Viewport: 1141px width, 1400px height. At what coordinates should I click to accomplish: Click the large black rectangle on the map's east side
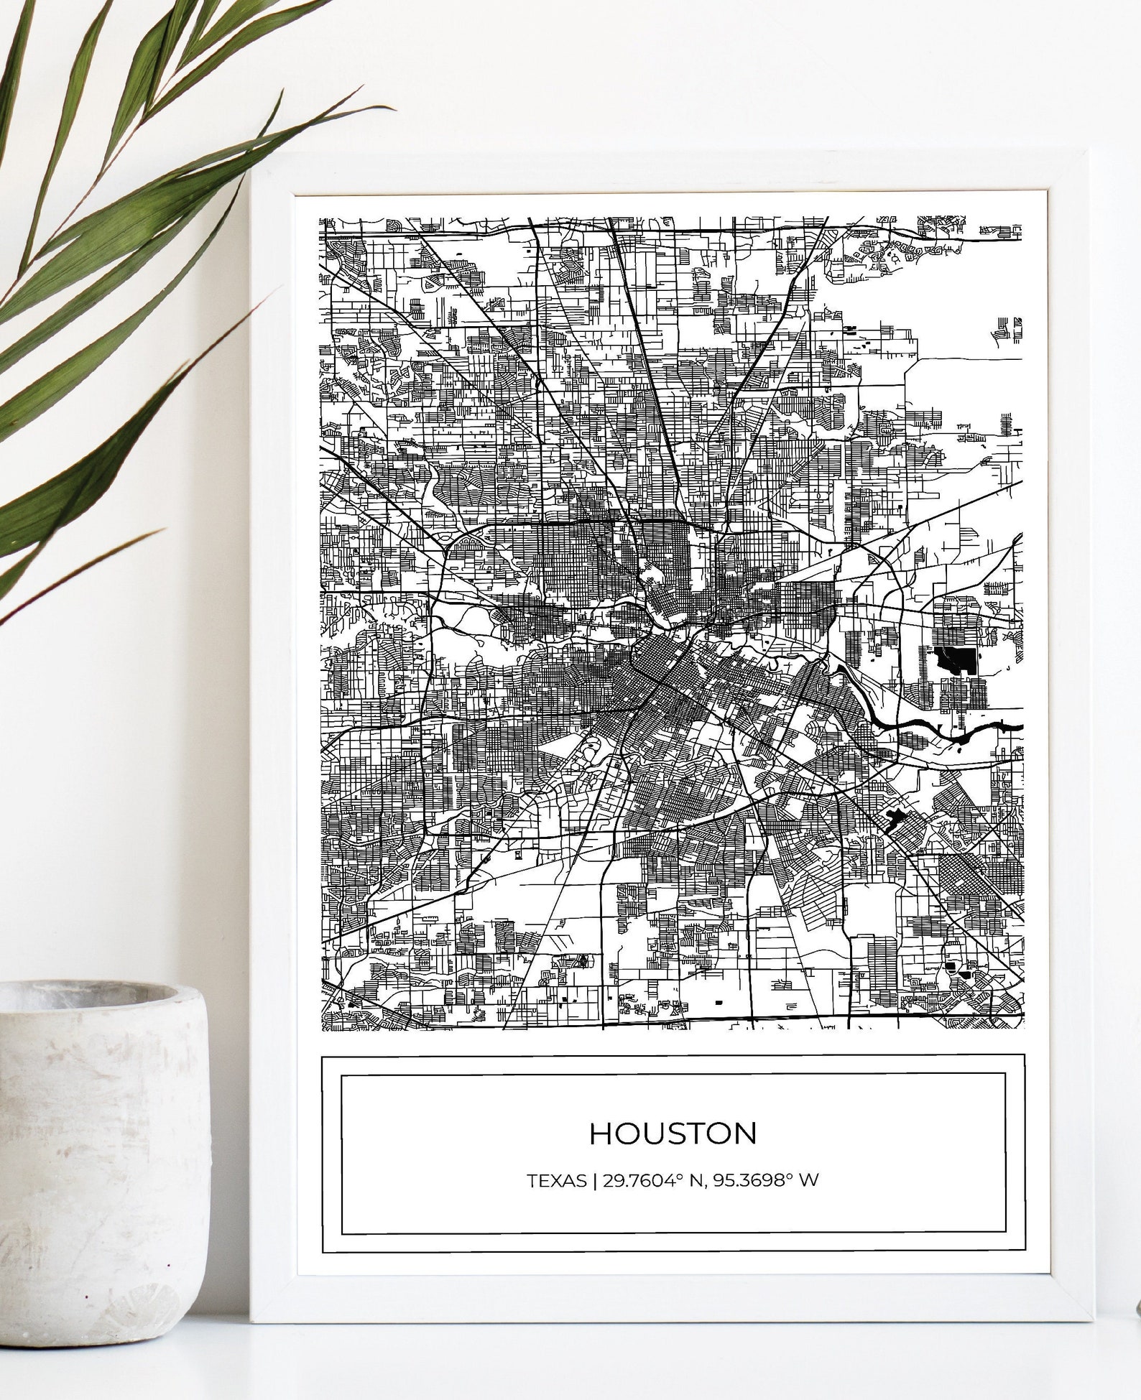click(x=954, y=659)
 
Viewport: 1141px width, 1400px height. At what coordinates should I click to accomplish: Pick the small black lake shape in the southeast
click(x=895, y=817)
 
